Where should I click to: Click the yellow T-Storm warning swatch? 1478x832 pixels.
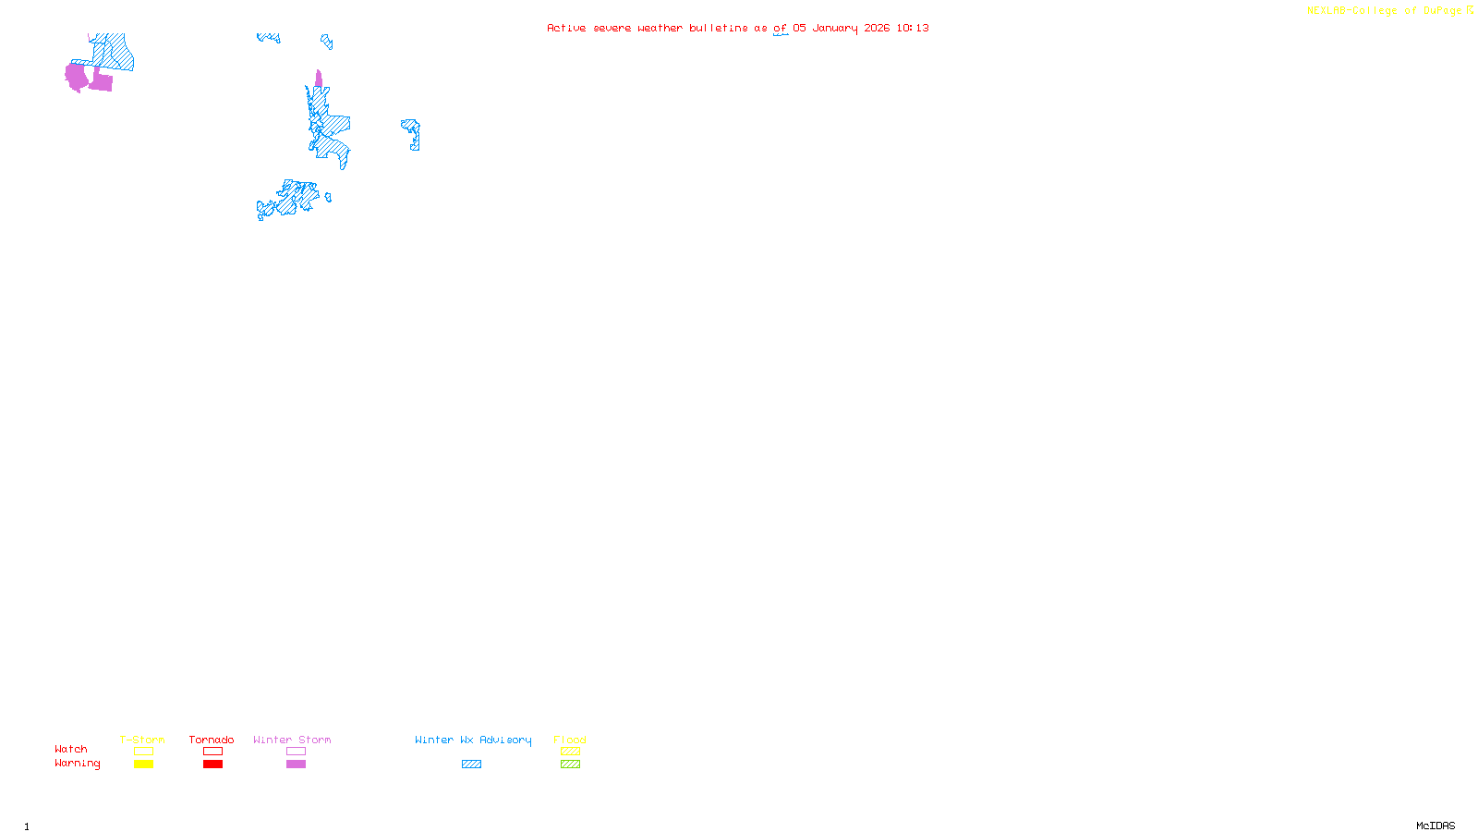[143, 765]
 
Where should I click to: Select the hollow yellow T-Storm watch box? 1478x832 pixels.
[143, 752]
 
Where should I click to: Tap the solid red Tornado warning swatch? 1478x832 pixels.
[212, 765]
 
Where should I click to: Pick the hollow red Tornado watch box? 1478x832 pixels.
[212, 752]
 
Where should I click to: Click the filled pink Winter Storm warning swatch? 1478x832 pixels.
[296, 765]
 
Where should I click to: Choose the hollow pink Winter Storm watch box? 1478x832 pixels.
[296, 752]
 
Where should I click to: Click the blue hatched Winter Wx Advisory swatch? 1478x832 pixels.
[471, 765]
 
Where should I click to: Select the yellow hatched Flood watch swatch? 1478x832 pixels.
[570, 752]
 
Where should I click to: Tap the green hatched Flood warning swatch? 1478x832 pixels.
[570, 765]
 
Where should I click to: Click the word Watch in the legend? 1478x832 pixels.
[71, 750]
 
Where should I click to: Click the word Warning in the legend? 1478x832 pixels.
[77, 764]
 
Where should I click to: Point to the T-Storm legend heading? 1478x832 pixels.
[142, 740]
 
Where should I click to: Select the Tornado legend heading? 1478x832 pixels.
[212, 740]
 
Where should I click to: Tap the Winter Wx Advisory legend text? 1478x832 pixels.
[473, 740]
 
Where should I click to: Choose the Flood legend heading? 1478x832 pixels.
[570, 740]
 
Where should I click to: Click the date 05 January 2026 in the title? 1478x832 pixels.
[841, 28]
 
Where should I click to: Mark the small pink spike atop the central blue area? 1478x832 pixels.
[319, 79]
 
